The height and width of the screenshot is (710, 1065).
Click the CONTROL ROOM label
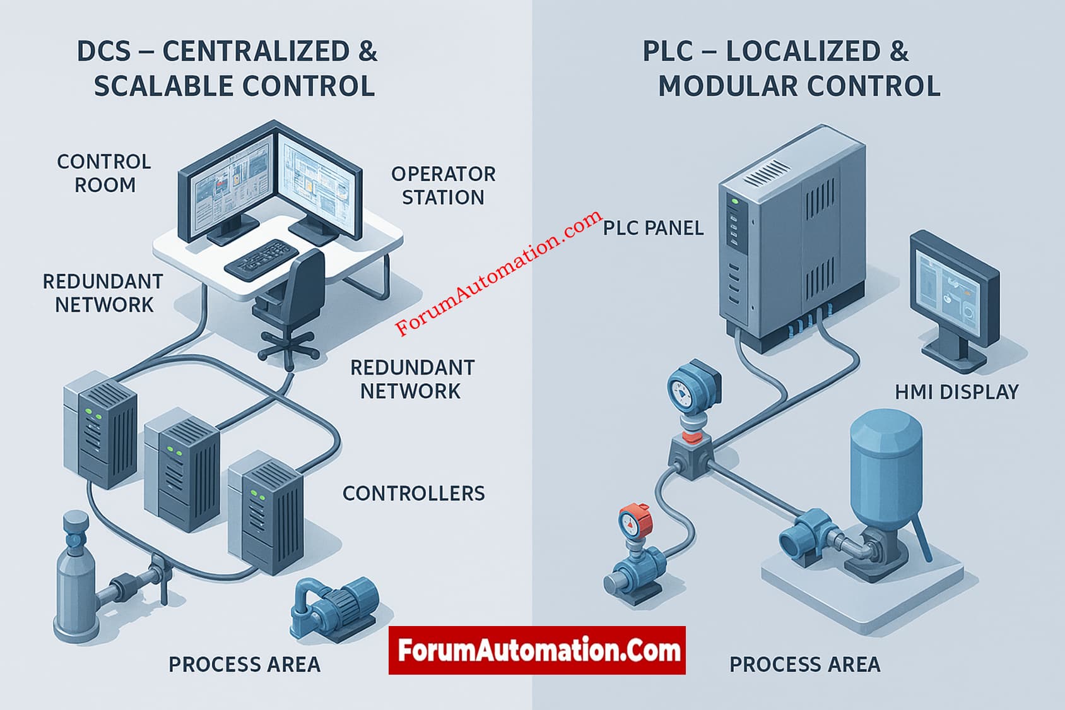(104, 173)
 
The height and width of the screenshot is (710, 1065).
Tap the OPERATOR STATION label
(443, 186)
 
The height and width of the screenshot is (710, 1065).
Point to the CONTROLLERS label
(413, 494)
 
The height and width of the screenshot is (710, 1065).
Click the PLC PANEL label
(653, 228)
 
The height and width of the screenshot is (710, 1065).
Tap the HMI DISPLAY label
(956, 392)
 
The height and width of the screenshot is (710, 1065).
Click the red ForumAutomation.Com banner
(537, 651)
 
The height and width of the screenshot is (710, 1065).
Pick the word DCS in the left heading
(103, 52)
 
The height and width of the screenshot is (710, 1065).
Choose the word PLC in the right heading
(668, 52)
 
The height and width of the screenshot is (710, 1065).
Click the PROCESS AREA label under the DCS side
(244, 664)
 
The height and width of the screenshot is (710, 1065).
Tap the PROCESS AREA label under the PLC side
(804, 664)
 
